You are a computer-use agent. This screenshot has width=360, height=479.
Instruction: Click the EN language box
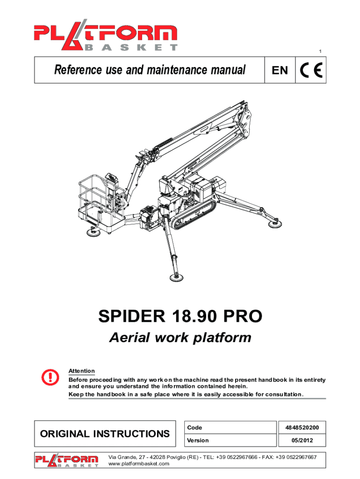[x=280, y=70]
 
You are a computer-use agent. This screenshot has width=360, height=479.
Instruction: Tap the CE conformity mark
[x=311, y=70]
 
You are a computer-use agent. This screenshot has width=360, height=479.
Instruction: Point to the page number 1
[x=320, y=51]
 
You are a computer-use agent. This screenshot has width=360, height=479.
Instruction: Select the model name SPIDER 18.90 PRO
[x=180, y=316]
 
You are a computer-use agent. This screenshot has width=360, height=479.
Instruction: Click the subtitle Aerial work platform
[x=180, y=338]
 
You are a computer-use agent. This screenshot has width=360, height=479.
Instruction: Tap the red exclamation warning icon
[x=50, y=377]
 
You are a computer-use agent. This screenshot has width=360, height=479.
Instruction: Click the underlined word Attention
[x=81, y=371]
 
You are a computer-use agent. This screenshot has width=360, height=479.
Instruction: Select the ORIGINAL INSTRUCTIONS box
[x=105, y=434]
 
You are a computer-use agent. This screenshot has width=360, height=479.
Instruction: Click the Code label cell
[x=230, y=428]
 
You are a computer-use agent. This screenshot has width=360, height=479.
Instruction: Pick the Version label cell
[x=230, y=440]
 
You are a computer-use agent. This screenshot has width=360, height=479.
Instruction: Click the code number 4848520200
[x=302, y=428]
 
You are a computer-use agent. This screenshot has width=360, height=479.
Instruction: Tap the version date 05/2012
[x=302, y=440]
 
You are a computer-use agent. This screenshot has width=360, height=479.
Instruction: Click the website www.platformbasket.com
[x=139, y=464]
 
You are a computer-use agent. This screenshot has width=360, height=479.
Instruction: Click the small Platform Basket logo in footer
[x=66, y=460]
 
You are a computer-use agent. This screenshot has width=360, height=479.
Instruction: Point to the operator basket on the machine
[x=101, y=203]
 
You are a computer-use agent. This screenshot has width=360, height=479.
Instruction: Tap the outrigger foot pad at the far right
[x=275, y=224]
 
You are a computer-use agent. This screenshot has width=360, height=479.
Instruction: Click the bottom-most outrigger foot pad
[x=176, y=277]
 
